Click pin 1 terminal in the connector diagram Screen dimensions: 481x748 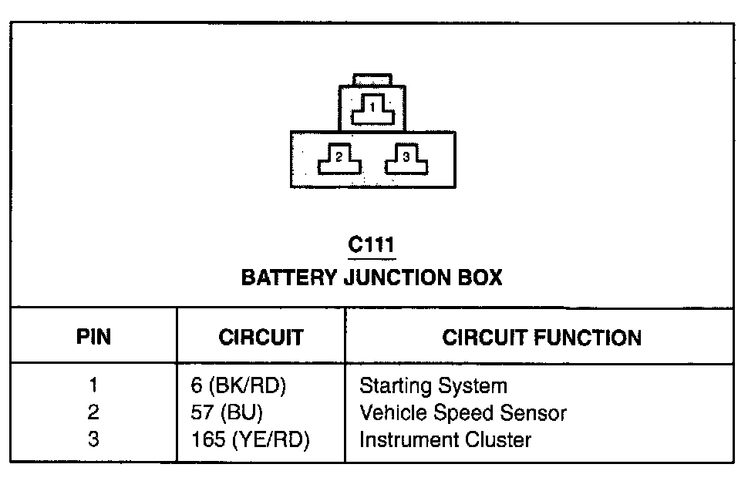pos(372,111)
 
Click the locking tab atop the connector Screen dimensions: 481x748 pos(372,79)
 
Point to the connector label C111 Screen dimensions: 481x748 pos(372,245)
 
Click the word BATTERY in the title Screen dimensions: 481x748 pos(288,277)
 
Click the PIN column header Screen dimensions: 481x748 pos(93,337)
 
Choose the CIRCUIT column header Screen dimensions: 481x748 pos(261,337)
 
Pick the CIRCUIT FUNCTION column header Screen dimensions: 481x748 pos(541,337)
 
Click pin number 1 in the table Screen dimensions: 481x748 pos(93,385)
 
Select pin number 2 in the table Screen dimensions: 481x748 pos(93,413)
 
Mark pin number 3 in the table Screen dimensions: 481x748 pos(93,440)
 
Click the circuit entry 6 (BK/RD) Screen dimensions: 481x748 pos(238,385)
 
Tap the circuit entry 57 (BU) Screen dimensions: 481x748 pos(227,413)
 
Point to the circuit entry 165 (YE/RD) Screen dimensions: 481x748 pos(249,440)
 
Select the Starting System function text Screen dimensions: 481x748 pos(433,385)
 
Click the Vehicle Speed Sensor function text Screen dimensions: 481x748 pos(463,413)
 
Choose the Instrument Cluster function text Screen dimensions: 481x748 pos(445,440)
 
